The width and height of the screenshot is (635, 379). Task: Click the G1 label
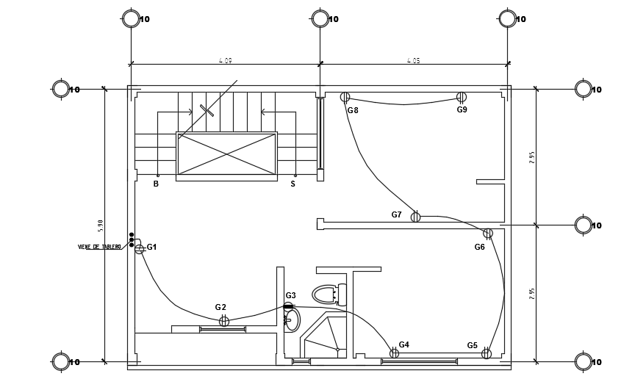[x=152, y=248]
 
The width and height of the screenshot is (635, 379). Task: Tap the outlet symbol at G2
[x=224, y=321]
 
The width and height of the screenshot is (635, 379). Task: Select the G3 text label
[x=291, y=295]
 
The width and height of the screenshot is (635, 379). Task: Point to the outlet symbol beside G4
[x=394, y=353]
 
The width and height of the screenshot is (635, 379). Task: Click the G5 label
[x=472, y=345]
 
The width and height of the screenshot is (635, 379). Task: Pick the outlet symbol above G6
[x=488, y=234]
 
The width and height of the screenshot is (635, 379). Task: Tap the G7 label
[x=397, y=214]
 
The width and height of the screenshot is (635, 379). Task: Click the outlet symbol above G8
[x=345, y=97]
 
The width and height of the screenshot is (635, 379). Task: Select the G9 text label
[x=462, y=109]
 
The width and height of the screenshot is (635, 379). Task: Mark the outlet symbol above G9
[x=462, y=97]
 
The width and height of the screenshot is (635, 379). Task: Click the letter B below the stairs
[x=156, y=184]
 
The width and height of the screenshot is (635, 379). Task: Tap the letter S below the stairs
[x=293, y=184]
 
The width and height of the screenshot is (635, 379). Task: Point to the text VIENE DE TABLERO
[x=99, y=248]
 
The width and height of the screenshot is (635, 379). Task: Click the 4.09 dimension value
[x=226, y=60]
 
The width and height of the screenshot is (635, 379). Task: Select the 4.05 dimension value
[x=414, y=60]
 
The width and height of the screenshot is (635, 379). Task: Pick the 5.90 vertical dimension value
[x=101, y=225]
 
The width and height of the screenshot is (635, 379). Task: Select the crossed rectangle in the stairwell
[x=226, y=154]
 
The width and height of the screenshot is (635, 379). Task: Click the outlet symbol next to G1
[x=139, y=249]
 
